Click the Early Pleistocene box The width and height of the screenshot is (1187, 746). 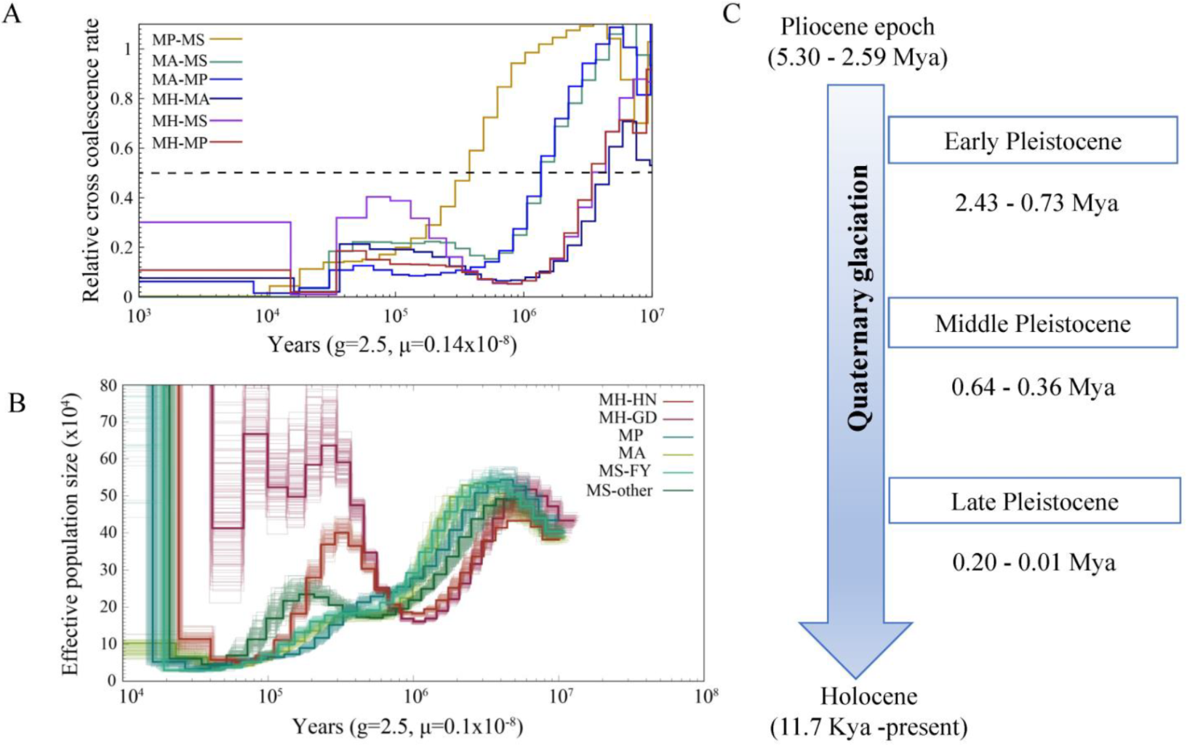tap(1032, 140)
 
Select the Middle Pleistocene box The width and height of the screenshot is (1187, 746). tap(1032, 323)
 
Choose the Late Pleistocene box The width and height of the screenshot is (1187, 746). tap(1034, 501)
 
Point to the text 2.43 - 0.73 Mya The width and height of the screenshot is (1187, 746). tap(1036, 202)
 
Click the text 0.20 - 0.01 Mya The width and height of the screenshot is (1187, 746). tap(1034, 563)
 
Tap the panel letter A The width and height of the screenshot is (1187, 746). tap(12, 14)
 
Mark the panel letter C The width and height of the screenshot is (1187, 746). tap(732, 14)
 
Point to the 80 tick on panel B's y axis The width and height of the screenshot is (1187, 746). tap(108, 385)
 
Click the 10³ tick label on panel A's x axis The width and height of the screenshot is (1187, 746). tap(137, 315)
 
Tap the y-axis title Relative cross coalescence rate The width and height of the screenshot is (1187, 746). tap(91, 161)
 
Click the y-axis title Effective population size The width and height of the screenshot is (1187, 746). tap(71, 533)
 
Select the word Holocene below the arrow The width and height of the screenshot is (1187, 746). tap(868, 697)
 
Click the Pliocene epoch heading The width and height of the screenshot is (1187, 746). tap(857, 27)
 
